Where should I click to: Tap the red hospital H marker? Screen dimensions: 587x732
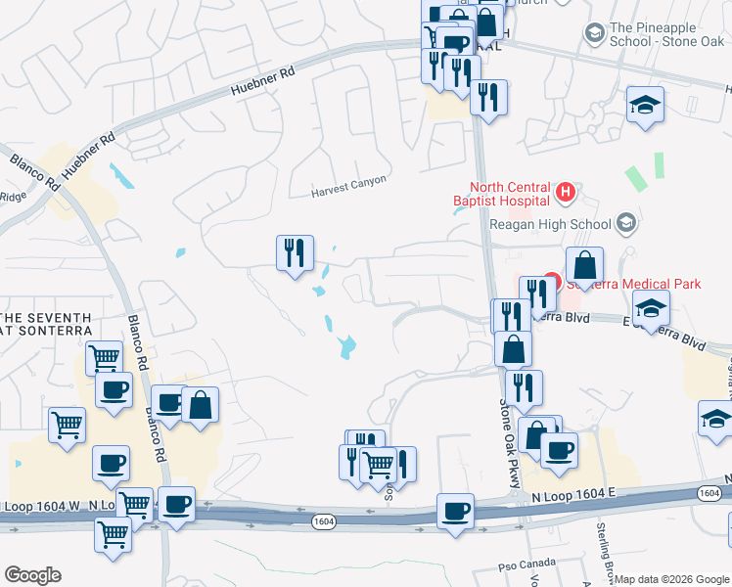[564, 193]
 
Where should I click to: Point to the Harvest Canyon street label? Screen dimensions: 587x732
[349, 181]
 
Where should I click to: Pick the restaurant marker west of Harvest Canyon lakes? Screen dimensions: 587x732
[295, 253]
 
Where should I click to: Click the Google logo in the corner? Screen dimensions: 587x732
[32, 575]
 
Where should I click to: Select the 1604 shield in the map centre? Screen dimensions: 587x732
[325, 522]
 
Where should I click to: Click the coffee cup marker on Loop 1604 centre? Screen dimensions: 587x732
[455, 511]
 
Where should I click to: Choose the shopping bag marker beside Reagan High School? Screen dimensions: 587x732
[584, 264]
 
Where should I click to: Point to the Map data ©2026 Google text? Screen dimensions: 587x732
[671, 579]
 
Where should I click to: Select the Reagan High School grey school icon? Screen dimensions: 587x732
[626, 224]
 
